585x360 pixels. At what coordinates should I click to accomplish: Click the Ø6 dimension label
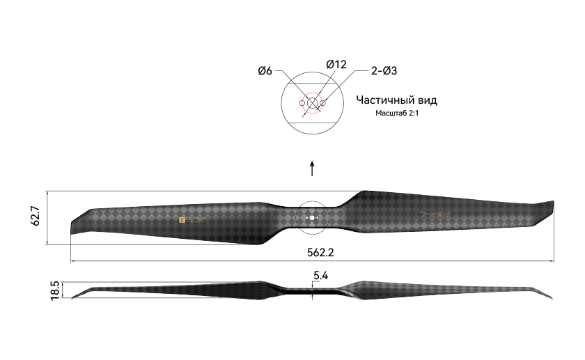265,70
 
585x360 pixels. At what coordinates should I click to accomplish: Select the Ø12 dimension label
336,64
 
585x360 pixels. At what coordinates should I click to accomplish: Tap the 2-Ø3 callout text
384,70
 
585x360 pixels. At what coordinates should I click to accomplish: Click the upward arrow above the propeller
312,169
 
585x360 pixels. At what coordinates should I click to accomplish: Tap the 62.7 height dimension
36,217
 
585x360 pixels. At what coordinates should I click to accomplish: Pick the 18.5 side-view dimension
56,290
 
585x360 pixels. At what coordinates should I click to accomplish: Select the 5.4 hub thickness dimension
320,276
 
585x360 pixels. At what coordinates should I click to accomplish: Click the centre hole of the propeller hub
312,218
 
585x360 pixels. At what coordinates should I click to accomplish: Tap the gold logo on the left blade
193,219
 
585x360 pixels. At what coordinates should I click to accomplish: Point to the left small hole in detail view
302,103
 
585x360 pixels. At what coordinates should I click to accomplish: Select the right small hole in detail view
323,103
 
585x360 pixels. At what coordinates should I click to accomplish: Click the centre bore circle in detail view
312,103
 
